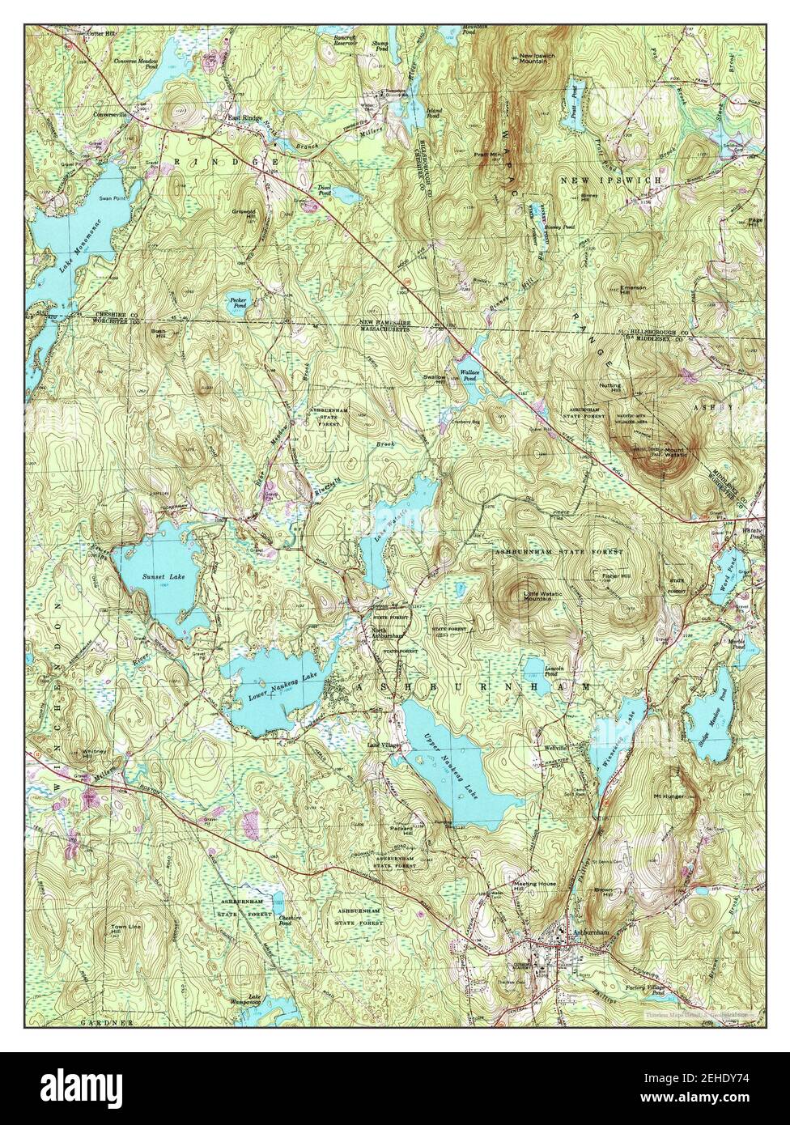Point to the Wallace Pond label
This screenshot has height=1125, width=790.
tap(471, 376)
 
